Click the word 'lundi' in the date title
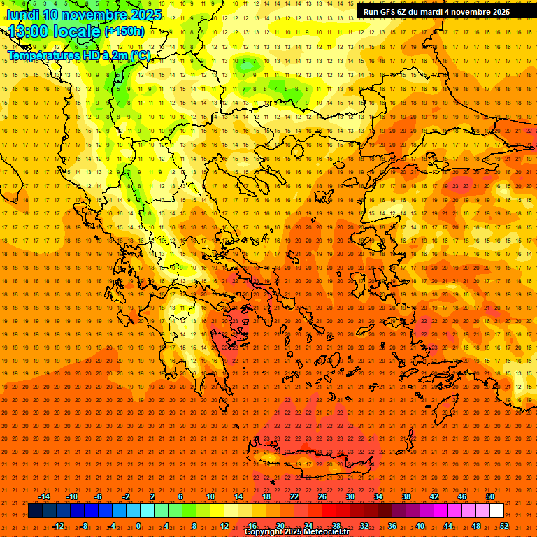(x=22, y=15)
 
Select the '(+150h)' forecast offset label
(x=124, y=31)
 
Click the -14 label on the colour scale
(x=45, y=496)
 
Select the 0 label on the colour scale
(x=138, y=526)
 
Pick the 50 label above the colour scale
(x=490, y=496)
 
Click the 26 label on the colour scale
(x=322, y=496)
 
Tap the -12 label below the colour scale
(x=59, y=526)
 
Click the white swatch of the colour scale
(x=497, y=511)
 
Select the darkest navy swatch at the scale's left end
(x=35, y=511)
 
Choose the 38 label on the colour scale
(x=406, y=496)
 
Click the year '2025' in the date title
(x=145, y=15)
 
